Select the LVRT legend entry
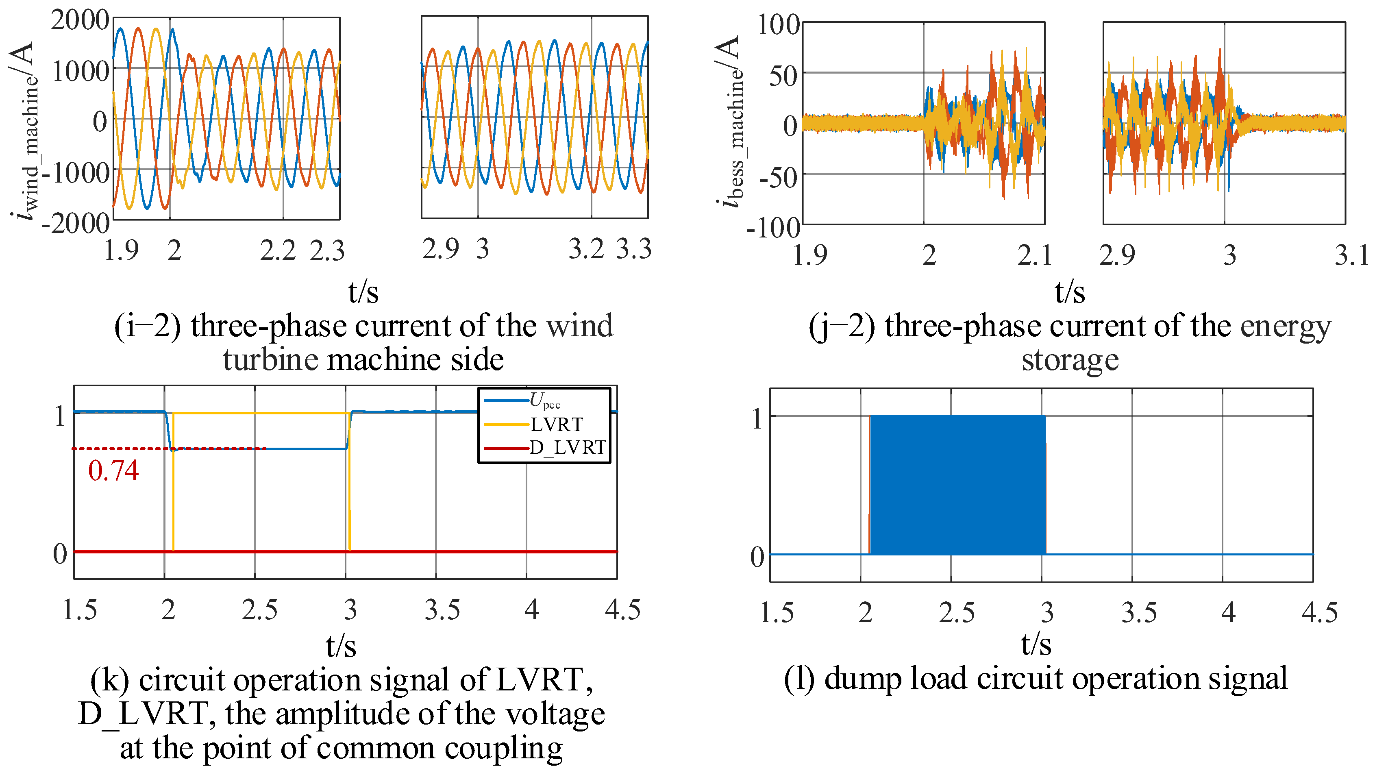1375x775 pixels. tap(556, 425)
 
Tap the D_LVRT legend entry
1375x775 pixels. tap(568, 447)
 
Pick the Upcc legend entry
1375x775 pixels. tap(544, 401)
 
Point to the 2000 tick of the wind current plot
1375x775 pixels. tap(80, 20)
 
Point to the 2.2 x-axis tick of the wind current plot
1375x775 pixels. tap(278, 251)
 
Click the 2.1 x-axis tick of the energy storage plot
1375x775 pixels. tap(1034, 255)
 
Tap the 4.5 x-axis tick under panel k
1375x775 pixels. tap(622, 610)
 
